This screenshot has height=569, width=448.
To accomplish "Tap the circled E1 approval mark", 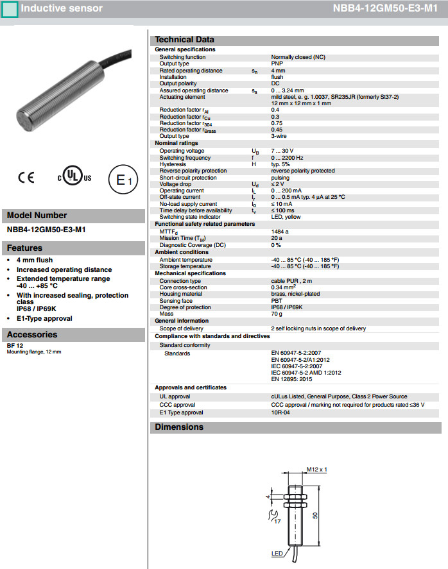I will pyautogui.click(x=121, y=180).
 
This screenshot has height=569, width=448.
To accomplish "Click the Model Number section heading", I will pyautogui.click(x=37, y=216).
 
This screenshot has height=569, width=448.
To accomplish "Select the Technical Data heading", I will pyautogui.click(x=185, y=39).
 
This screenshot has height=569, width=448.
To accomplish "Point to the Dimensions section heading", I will pyautogui.click(x=179, y=427).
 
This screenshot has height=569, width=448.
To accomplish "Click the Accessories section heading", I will pyautogui.click(x=32, y=334).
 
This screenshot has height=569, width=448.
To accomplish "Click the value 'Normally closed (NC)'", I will pyautogui.click(x=298, y=57).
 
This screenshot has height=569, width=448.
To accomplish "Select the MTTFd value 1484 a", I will pyautogui.click(x=280, y=231).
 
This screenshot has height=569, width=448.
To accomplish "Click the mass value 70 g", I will pyautogui.click(x=277, y=314).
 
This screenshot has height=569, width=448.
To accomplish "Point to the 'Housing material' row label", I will pyautogui.click(x=182, y=294).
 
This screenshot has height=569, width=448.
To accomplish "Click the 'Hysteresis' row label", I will pyautogui.click(x=173, y=164).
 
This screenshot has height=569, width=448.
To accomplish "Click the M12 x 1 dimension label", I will pyautogui.click(x=317, y=469).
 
